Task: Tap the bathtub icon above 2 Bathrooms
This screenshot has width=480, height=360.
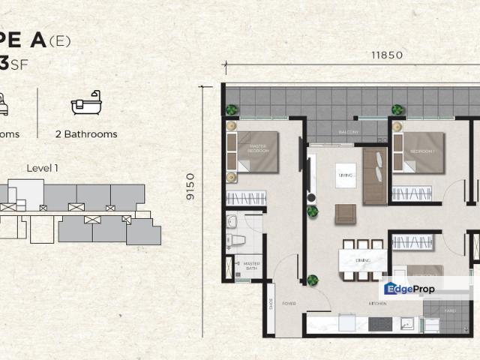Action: tap(85, 106)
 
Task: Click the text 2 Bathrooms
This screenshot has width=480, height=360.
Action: tap(86, 134)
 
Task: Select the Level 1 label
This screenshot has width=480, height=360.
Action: tap(42, 168)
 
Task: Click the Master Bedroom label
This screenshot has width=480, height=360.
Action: tap(259, 148)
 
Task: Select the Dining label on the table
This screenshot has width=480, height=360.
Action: tap(363, 260)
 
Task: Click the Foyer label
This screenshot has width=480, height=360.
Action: tap(289, 304)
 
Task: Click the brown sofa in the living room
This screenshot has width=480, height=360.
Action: tap(374, 177)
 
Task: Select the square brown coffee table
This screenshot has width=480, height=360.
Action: tap(346, 214)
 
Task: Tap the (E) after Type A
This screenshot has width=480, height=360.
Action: tap(60, 41)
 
